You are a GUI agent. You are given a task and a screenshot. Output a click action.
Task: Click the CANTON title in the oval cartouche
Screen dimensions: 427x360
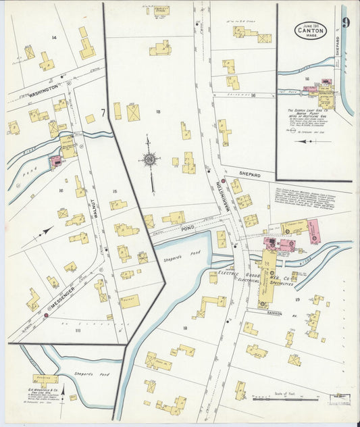coord(310,30)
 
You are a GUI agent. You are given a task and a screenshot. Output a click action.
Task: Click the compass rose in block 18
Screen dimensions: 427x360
coord(150,160)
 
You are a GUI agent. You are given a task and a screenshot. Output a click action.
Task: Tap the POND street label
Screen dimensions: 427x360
coord(187,229)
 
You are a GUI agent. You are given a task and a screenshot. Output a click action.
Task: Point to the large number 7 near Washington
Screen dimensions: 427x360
coord(103,112)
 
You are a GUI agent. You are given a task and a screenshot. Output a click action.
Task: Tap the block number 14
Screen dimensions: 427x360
coord(54,38)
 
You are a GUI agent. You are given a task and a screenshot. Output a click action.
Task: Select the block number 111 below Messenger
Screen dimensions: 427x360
coord(78,330)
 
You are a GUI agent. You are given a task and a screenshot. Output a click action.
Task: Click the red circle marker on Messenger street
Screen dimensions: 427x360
coord(46,315)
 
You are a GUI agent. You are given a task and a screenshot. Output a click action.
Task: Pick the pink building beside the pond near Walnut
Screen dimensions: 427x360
coord(54,161)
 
